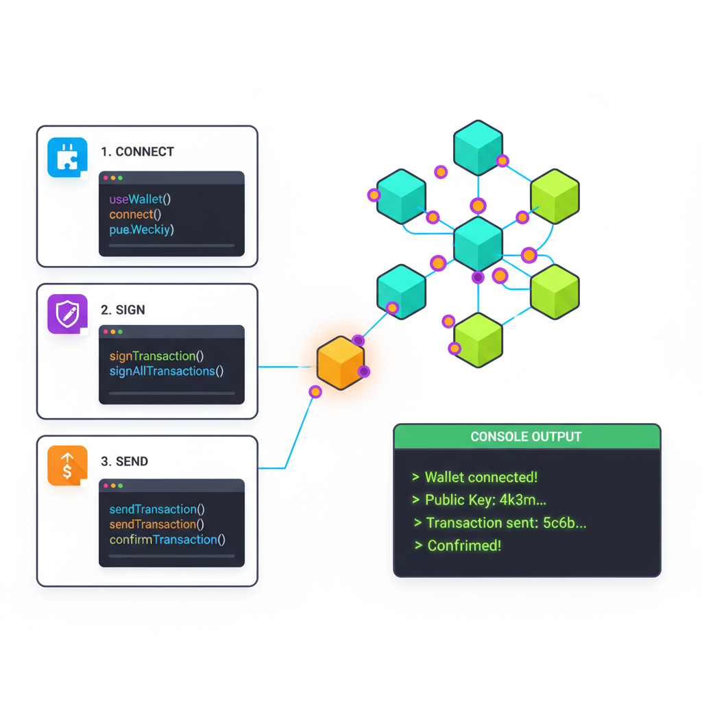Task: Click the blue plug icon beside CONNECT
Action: [67, 158]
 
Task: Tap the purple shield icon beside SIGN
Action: [67, 315]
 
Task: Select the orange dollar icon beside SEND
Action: [67, 465]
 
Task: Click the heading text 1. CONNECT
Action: [137, 152]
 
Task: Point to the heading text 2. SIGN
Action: [123, 310]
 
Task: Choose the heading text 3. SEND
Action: [124, 461]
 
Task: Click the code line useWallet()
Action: [140, 199]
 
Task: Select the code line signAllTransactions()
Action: [167, 371]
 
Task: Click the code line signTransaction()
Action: [156, 356]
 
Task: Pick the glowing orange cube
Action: [341, 363]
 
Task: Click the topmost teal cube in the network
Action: [478, 147]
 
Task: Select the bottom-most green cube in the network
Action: [479, 339]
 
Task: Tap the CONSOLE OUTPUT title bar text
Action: [526, 437]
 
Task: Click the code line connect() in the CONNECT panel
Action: [135, 215]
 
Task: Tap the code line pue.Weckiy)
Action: [141, 230]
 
